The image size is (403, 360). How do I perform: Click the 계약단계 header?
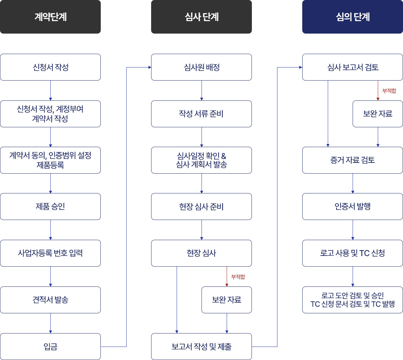pyautogui.click(x=50, y=17)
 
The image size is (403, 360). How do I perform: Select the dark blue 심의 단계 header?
pyautogui.click(x=353, y=17)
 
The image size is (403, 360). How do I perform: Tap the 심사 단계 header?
pyautogui.click(x=201, y=17)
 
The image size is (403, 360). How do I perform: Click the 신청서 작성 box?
pyautogui.click(x=50, y=67)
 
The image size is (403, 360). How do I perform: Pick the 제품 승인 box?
pyautogui.click(x=50, y=207)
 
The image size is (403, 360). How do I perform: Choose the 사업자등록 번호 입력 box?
pyautogui.click(x=50, y=253)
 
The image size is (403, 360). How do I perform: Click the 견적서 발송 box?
pyautogui.click(x=50, y=300)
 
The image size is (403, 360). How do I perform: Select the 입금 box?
pyautogui.click(x=50, y=347)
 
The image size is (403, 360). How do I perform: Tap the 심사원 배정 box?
pyautogui.click(x=201, y=67)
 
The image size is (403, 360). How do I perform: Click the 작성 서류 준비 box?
pyautogui.click(x=201, y=114)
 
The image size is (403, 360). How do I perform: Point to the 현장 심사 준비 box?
pyautogui.click(x=201, y=207)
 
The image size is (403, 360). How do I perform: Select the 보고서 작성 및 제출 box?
pyautogui.click(x=201, y=347)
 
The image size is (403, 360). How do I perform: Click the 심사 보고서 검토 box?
pyautogui.click(x=353, y=67)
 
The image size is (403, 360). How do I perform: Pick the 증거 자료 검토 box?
pyautogui.click(x=353, y=160)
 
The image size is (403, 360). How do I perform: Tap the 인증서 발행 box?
pyautogui.click(x=353, y=207)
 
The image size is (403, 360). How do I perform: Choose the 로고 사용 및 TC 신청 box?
pyautogui.click(x=353, y=253)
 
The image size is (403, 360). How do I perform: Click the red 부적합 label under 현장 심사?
pyautogui.click(x=238, y=277)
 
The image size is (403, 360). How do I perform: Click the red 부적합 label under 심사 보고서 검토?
pyautogui.click(x=389, y=91)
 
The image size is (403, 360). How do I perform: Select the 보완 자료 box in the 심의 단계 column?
pyautogui.click(x=378, y=114)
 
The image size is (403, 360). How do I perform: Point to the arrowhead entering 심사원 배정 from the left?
pyautogui.click(x=150, y=67)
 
